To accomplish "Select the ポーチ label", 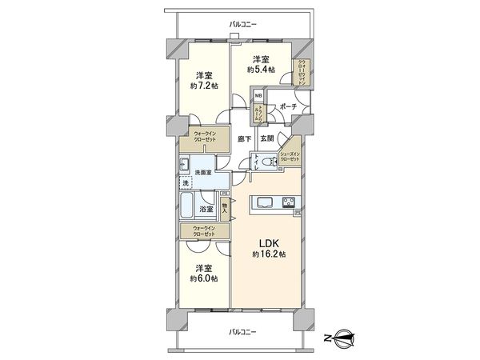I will point(288,106).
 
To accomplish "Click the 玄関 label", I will point(267,138).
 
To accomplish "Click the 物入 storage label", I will point(225,210).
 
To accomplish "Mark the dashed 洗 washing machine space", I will point(186,184).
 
